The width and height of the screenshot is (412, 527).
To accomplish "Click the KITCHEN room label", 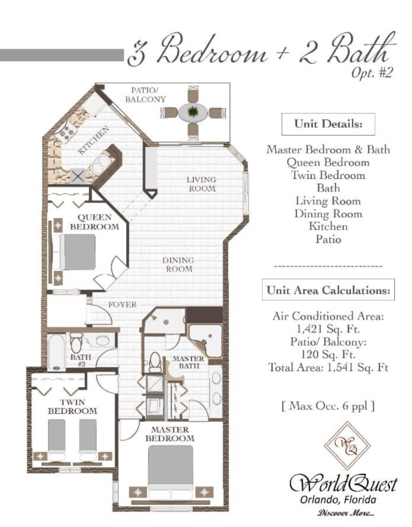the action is [94, 140].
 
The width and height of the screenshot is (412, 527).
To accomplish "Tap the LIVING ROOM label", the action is [201, 184].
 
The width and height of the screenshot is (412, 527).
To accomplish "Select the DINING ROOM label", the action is [178, 264].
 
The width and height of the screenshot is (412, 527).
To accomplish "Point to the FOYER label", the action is [122, 304].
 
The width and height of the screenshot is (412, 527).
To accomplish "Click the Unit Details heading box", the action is [328, 124].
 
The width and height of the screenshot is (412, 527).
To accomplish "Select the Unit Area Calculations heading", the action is [328, 290].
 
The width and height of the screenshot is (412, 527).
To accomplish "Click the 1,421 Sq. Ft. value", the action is [328, 329].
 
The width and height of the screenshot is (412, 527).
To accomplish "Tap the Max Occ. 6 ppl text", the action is [328, 406].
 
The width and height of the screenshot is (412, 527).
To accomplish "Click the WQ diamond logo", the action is [347, 446].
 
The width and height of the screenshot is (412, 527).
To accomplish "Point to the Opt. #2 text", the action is [371, 73].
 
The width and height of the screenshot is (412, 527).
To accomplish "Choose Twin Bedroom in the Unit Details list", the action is [328, 175].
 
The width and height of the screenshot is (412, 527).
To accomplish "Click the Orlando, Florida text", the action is [338, 500].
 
